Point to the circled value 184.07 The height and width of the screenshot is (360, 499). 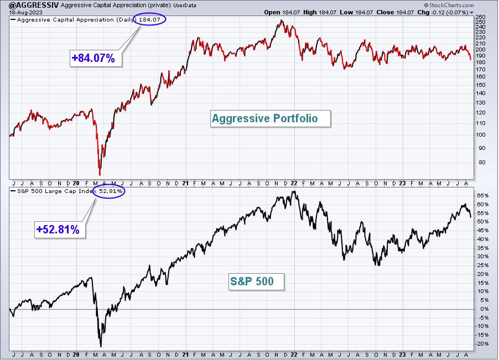tap(149, 19)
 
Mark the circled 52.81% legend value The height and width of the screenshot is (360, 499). tap(109, 191)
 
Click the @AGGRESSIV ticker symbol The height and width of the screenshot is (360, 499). tap(34, 5)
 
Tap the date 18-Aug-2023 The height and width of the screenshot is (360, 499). tap(25, 12)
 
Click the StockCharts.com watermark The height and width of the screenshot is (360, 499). tap(449, 5)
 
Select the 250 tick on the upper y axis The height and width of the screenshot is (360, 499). tap(481, 22)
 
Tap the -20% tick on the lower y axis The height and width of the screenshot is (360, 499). tap(482, 344)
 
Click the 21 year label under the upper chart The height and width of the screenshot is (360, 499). tap(185, 183)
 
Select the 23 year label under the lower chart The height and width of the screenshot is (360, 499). tap(403, 354)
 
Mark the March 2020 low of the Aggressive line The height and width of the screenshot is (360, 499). tap(100, 175)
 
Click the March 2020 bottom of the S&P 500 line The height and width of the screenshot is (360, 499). tap(101, 346)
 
